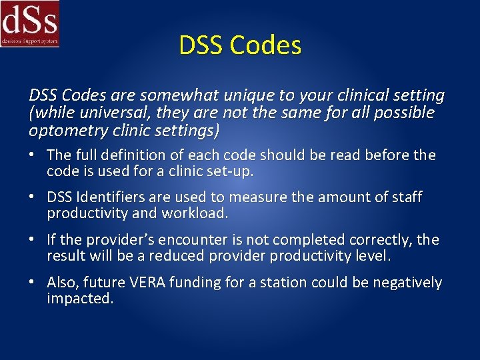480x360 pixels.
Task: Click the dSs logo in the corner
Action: pos(30,23)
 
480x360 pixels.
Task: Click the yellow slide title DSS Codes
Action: pos(240,45)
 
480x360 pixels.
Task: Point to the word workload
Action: pos(198,214)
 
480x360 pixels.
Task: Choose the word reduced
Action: pos(178,256)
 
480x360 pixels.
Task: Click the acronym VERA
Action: pos(147,283)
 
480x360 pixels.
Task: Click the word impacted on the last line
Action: pos(79,299)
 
